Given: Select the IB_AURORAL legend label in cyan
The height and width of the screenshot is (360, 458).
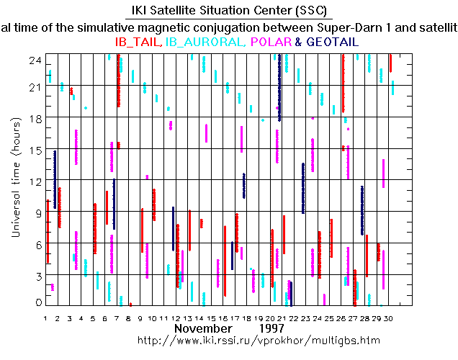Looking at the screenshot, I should pyautogui.click(x=205, y=42).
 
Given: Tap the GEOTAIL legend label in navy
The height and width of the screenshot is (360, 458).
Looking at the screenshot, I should pyautogui.click(x=331, y=42).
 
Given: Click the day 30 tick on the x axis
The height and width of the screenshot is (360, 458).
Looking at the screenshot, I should pyautogui.click(x=389, y=318).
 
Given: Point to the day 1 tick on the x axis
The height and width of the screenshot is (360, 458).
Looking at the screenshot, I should pyautogui.click(x=45, y=318).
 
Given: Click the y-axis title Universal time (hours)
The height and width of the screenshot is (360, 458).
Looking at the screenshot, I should pyautogui.click(x=16, y=183).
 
